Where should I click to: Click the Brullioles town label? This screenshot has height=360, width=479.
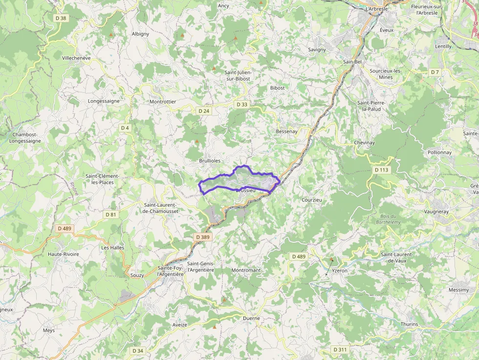210,161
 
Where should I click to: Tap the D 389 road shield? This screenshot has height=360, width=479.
202,237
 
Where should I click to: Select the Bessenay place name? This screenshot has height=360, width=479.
286,132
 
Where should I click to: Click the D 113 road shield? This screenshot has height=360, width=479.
381,170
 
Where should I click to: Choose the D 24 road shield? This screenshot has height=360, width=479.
204,111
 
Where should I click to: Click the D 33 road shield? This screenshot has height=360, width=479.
242,105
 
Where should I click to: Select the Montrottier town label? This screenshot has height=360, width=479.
163,102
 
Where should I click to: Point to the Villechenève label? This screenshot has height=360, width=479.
76,58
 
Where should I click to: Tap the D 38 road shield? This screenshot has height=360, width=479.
60,18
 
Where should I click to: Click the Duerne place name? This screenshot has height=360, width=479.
251,318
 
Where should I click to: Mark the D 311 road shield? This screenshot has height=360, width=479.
340,350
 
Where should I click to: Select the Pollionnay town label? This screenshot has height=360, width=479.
439,152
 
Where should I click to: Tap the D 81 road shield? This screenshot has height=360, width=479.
111,214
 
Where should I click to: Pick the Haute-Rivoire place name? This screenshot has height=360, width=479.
64,254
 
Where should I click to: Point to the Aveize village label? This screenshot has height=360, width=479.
179,325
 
